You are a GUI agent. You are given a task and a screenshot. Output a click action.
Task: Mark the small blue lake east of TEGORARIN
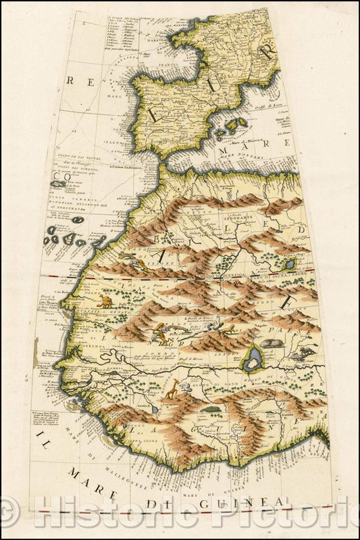click(x=289, y=265)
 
